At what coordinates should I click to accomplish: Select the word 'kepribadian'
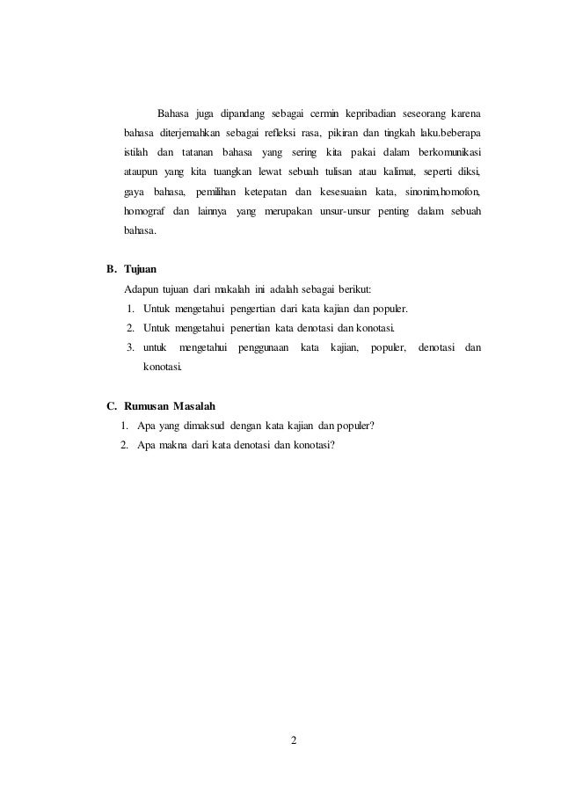[372, 114]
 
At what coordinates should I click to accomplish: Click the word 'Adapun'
[141, 289]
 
